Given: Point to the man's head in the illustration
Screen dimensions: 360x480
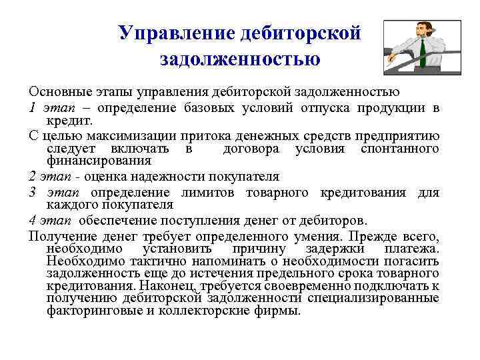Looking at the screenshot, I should (x=421, y=30).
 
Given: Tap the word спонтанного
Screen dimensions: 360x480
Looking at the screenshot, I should (x=399, y=148).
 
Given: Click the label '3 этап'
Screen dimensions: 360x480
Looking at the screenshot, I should (x=47, y=193).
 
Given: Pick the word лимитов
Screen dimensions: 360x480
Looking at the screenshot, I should (x=217, y=193).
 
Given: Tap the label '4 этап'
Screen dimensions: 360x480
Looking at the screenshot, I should (x=47, y=221).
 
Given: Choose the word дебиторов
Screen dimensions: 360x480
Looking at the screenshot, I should (x=331, y=221).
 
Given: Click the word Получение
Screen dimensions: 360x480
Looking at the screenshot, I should (x=61, y=237).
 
